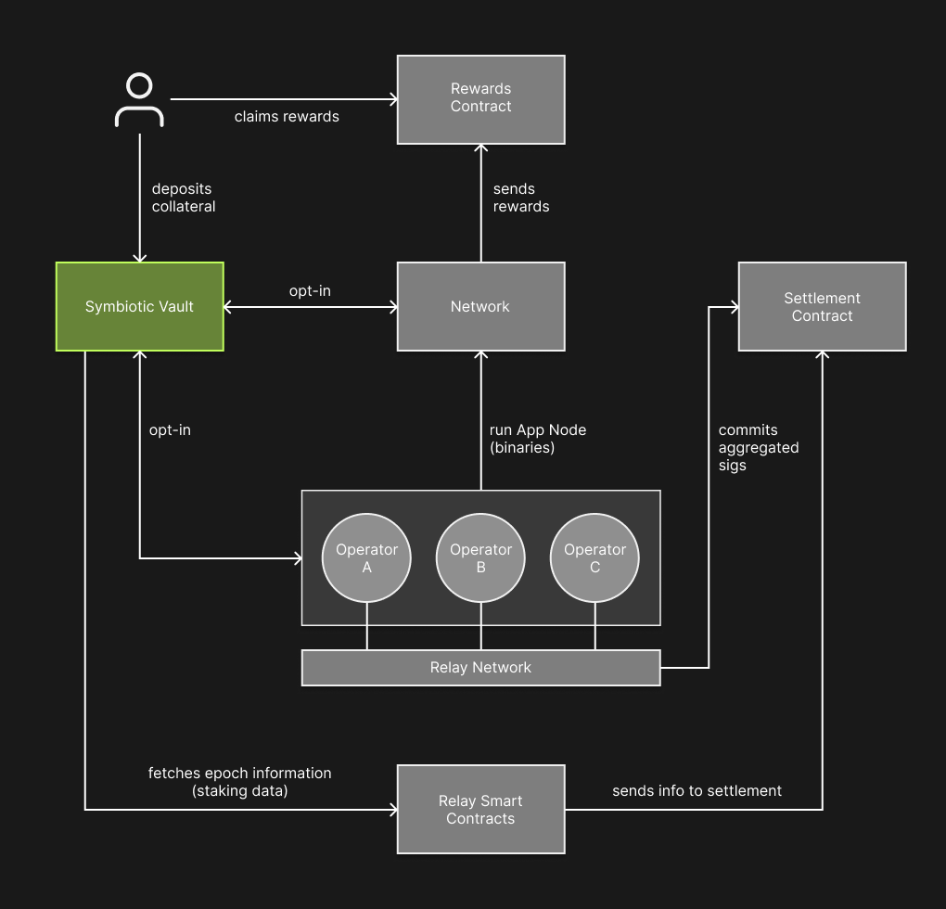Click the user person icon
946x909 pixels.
point(139,101)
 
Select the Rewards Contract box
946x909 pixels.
point(480,99)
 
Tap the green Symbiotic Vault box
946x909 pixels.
point(139,306)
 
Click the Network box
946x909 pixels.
point(480,306)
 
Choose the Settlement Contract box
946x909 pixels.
point(822,306)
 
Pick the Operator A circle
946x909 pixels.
point(366,557)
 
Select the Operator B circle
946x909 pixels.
point(480,557)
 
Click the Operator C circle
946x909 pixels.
point(594,557)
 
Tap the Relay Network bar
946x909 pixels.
point(480,667)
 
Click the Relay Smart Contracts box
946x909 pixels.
point(480,809)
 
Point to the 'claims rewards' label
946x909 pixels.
point(287,117)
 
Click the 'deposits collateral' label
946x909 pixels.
point(184,198)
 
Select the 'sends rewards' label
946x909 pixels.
point(520,198)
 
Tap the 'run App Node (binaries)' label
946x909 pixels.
point(537,439)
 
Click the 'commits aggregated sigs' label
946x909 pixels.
point(758,447)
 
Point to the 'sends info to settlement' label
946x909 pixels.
point(697,790)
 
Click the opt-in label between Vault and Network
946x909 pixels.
point(310,290)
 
